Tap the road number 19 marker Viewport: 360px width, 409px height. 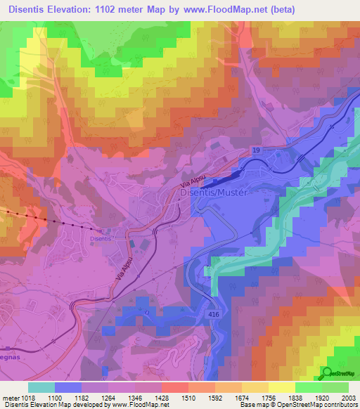[257, 150]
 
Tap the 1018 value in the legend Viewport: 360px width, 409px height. [27, 398]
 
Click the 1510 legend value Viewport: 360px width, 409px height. [188, 398]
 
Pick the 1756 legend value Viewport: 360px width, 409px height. [268, 398]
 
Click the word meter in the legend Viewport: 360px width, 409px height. [9, 398]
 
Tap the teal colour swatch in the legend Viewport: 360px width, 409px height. [41, 387]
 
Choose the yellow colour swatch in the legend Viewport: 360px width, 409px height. [281, 387]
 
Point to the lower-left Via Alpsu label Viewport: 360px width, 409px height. [123, 270]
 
